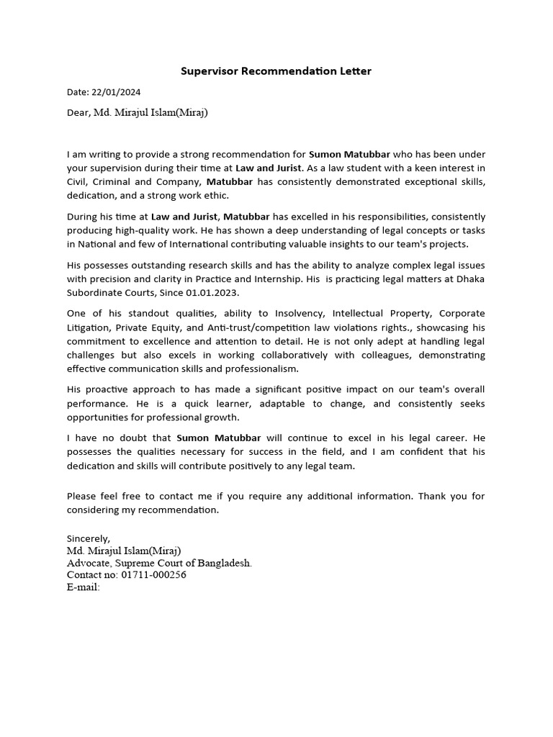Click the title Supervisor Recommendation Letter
click(276, 71)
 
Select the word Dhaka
click(468, 279)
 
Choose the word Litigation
click(89, 327)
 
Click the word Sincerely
click(89, 538)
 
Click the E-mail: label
click(83, 587)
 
